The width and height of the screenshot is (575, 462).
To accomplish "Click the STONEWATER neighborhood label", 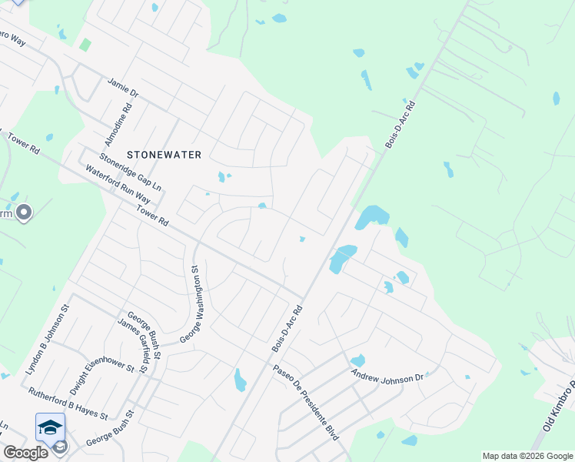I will (x=164, y=155).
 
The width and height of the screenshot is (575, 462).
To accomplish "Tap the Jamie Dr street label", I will (x=123, y=87).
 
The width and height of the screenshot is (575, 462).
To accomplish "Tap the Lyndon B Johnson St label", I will (x=48, y=339).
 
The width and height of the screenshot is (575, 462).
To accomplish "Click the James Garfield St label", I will (x=132, y=347).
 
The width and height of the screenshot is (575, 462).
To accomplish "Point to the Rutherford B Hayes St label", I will (x=68, y=402).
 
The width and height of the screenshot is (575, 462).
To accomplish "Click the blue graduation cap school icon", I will (x=50, y=427).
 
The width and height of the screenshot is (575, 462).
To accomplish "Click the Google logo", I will (x=25, y=453).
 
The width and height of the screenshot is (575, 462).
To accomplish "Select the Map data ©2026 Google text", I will (x=527, y=456).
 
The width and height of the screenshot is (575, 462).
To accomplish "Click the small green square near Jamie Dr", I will (x=85, y=45).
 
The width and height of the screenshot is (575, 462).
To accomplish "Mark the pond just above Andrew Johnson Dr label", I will (x=357, y=360).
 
